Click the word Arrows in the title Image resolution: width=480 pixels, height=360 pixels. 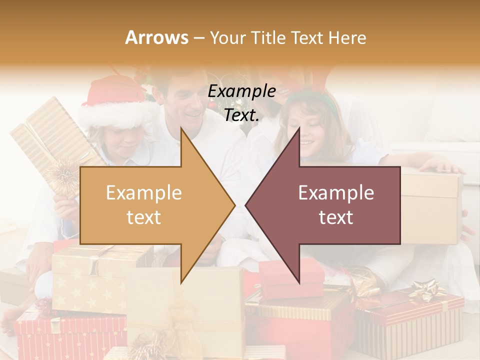click(x=157, y=37)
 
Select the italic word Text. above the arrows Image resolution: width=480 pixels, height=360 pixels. click(x=241, y=115)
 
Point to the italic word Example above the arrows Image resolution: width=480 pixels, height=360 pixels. click(x=241, y=91)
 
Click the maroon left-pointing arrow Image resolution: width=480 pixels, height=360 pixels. click(x=330, y=205)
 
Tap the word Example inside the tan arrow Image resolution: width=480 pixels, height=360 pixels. click(x=144, y=193)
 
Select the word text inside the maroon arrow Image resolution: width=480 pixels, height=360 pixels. click(x=336, y=217)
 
